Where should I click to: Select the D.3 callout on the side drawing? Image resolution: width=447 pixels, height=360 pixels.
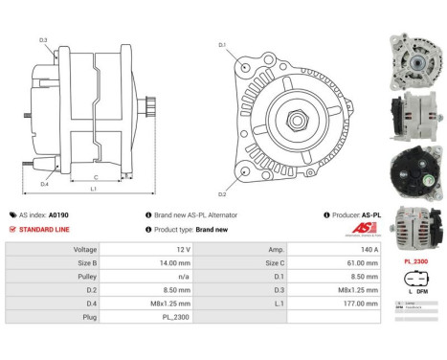pos(44,39)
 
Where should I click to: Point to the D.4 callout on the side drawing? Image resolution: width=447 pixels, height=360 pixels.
pos(45,184)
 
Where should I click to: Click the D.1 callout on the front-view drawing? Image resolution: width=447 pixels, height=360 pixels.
pos(222,45)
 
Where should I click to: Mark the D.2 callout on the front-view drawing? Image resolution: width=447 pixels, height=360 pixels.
pos(222,194)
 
